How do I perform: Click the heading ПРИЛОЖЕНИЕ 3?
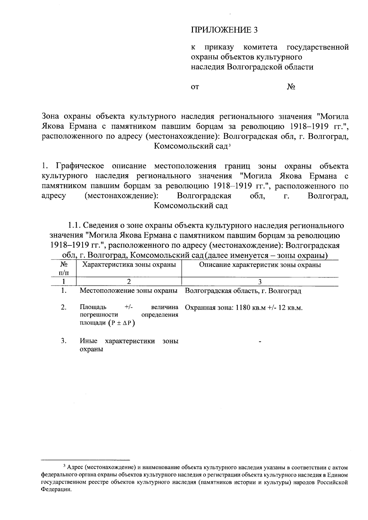click(x=224, y=30)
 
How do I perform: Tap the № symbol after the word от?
click(x=291, y=87)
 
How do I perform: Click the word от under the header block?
click(x=195, y=87)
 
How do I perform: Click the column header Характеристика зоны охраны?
click(x=129, y=265)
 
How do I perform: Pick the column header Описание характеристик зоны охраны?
click(x=260, y=265)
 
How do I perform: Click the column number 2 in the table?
click(x=129, y=282)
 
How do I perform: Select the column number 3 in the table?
click(x=260, y=282)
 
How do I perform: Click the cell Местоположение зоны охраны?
click(x=129, y=291)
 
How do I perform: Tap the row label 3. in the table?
click(x=64, y=341)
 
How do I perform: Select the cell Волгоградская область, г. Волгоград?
click(x=243, y=291)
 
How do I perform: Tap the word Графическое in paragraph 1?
click(x=80, y=166)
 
